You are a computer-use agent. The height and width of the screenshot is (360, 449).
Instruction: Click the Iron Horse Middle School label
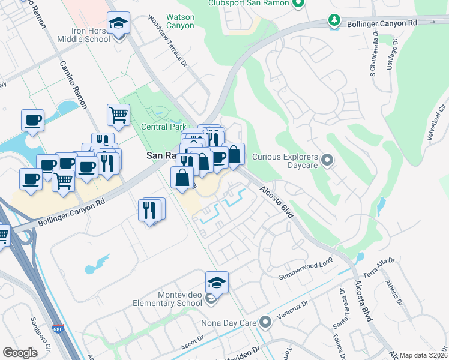pos(84,34)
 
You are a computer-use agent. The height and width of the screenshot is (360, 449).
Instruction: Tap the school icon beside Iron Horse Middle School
pos(119,24)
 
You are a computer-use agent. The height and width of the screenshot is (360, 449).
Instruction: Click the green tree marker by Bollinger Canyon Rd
pos(334,20)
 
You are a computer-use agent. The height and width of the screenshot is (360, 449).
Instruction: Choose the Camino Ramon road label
pos(73,84)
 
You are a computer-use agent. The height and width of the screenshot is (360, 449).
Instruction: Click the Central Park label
pos(163,127)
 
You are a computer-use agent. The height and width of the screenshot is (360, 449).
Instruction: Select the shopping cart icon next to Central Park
pos(119,115)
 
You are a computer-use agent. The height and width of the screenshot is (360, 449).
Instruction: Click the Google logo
pos(20,353)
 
